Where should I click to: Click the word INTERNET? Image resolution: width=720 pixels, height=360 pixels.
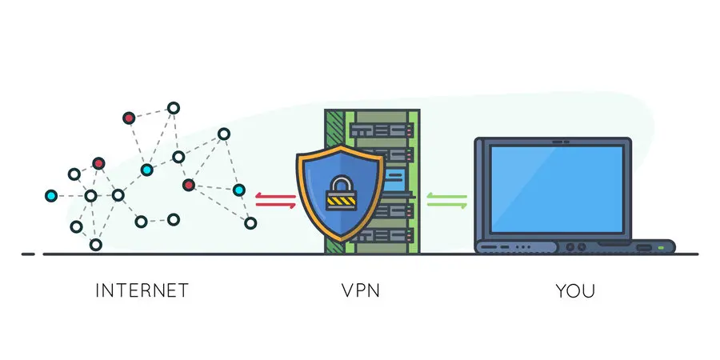[x=142, y=290]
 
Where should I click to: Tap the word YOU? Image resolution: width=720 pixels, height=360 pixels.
[x=575, y=290]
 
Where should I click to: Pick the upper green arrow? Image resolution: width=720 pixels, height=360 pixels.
[x=446, y=194]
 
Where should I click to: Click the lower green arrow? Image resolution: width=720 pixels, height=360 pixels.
[x=446, y=205]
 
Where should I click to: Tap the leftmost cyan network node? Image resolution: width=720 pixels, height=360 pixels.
[x=51, y=195]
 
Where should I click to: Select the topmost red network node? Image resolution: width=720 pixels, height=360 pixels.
[x=128, y=118]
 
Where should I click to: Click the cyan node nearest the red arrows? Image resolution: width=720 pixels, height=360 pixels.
[x=238, y=190]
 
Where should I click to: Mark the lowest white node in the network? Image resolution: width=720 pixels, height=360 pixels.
[x=95, y=244]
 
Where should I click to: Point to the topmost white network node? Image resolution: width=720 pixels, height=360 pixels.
[x=172, y=107]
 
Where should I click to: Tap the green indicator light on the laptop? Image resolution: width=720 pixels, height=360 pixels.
[x=660, y=247]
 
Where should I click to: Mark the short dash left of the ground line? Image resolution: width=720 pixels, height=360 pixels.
[x=28, y=254]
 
